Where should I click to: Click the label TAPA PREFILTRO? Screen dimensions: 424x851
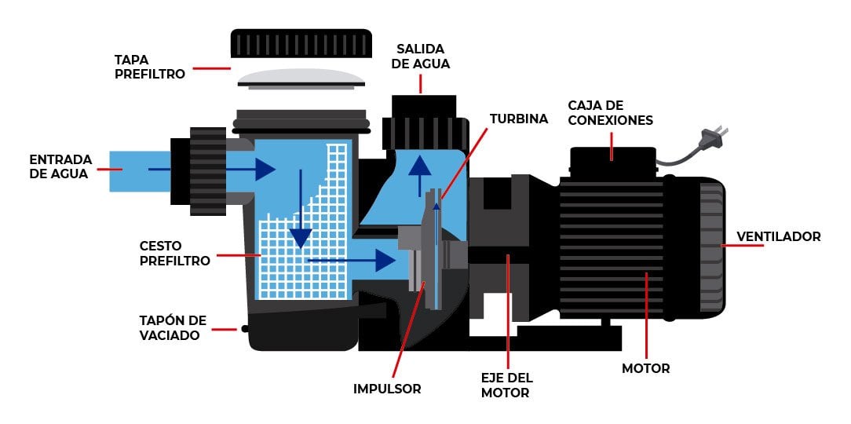(x=149, y=67)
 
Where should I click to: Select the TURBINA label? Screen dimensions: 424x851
(x=518, y=119)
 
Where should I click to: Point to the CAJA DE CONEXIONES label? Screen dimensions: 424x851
(x=610, y=112)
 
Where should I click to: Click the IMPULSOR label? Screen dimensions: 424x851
(x=387, y=388)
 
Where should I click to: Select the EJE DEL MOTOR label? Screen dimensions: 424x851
(x=506, y=385)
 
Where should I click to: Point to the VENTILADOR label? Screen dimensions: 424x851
(x=778, y=236)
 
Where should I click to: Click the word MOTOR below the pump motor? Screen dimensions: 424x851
(x=645, y=368)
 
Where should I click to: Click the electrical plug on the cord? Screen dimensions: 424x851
(x=714, y=137)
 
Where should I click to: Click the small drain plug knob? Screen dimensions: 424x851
(x=246, y=327)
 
